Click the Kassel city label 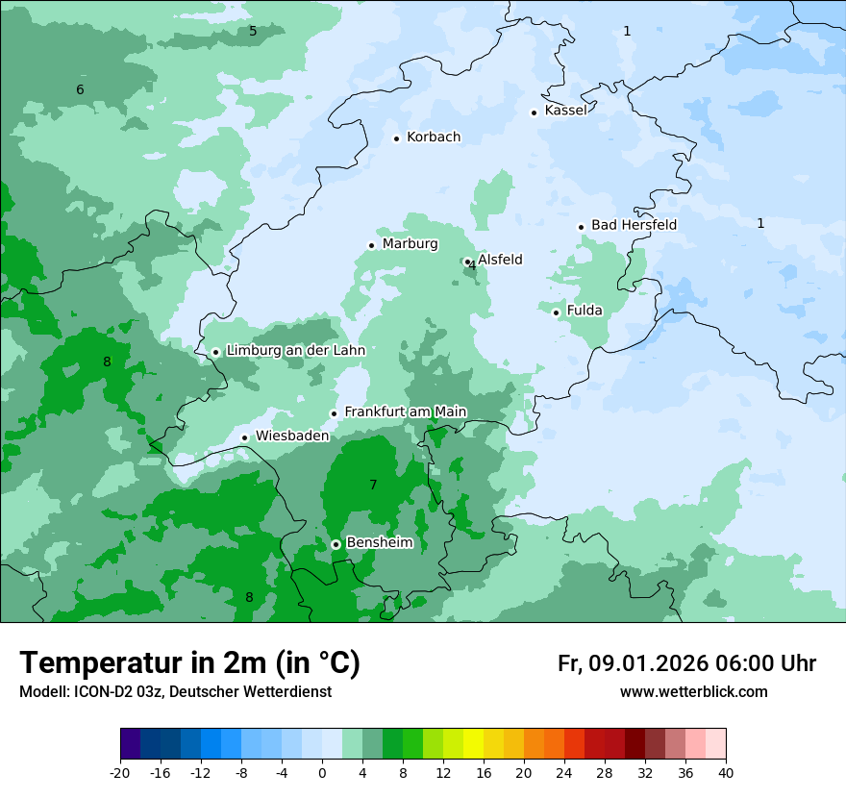pos(565,111)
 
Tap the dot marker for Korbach pos(396,138)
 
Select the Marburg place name pos(410,244)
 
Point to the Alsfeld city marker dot pos(467,262)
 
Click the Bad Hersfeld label pos(634,225)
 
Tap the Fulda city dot pos(556,312)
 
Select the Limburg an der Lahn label pos(295,351)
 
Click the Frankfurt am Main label pos(405,412)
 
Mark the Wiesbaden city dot pos(245,438)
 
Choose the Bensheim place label pos(379,543)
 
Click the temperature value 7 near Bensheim pos(373,486)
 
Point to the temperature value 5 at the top pos(253,32)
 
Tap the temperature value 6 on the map pos(80,90)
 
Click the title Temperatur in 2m pos(189,663)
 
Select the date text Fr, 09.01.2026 pos(633,663)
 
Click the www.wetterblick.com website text pos(693,692)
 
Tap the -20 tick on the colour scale pos(120,772)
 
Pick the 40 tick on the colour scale pos(725,772)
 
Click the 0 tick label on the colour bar pos(322,772)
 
